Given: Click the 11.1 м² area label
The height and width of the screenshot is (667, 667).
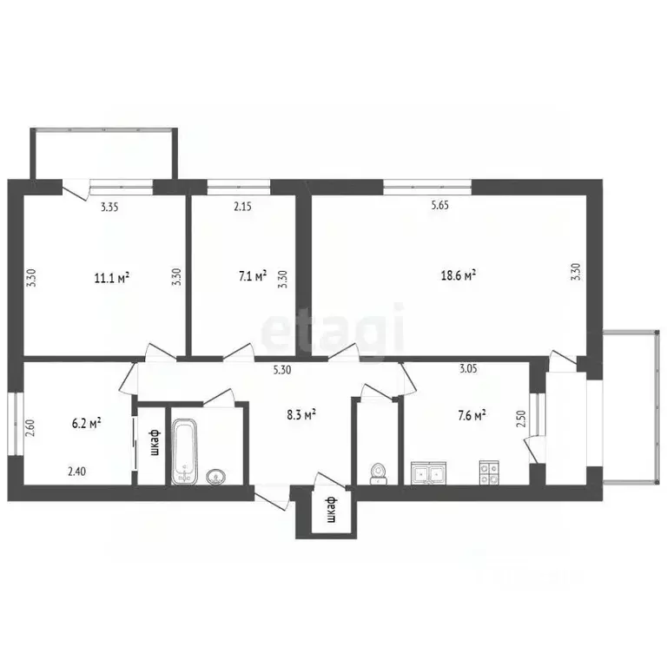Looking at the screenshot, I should (x=112, y=278).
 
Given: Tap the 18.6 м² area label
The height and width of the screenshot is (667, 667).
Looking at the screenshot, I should (x=459, y=275).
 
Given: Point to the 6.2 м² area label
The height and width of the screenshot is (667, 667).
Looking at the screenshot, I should (x=86, y=423).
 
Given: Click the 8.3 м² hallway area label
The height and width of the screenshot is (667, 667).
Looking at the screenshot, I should (x=300, y=415).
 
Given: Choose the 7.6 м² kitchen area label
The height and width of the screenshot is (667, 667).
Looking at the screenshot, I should (x=469, y=415).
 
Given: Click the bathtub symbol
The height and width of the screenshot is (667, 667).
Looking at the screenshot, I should (x=185, y=451).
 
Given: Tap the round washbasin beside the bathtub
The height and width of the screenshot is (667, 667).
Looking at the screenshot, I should (x=216, y=475).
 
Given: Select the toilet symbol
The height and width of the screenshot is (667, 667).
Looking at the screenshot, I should (x=378, y=472).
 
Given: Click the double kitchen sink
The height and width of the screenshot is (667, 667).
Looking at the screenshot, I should (x=430, y=473).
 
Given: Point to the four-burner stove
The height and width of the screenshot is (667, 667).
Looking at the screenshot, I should (x=488, y=472).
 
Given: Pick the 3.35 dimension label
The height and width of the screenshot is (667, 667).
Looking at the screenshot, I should (x=110, y=207).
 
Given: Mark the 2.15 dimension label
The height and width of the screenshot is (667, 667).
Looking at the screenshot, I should (x=243, y=207).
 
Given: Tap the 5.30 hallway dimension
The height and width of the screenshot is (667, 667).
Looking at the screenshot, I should (x=282, y=370).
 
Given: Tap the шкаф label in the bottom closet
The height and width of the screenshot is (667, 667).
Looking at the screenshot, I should (x=330, y=512).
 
